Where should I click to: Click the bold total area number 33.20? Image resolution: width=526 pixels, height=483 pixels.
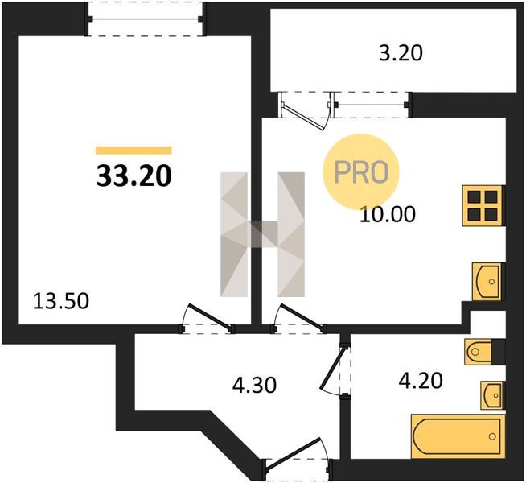tap(134, 176)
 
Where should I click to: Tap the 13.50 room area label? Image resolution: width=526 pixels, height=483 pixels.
tap(61, 301)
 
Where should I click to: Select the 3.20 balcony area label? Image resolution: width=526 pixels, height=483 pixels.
tap(401, 53)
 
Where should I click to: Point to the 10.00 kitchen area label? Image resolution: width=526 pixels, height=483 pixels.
tap(388, 214)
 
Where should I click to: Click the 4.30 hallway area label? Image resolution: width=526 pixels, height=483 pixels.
tap(254, 385)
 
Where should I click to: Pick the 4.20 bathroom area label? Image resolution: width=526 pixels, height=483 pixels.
tap(421, 381)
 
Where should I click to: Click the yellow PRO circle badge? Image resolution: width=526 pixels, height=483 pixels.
tap(361, 172)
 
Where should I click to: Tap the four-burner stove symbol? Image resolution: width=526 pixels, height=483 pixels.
tap(483, 205)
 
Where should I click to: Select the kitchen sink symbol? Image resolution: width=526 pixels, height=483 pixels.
tap(487, 281)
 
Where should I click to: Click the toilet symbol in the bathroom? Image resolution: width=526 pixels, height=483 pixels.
tap(480, 352)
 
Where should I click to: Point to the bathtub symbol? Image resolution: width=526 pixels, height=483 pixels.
tap(458, 436)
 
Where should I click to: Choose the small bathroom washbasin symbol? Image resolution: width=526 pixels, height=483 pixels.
tap(492, 395)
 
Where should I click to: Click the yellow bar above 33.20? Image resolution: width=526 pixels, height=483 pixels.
tap(134, 151)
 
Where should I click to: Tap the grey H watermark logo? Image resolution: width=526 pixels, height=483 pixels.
tap(262, 234)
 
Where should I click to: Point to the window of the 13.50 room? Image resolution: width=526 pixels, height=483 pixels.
tap(146, 19)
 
